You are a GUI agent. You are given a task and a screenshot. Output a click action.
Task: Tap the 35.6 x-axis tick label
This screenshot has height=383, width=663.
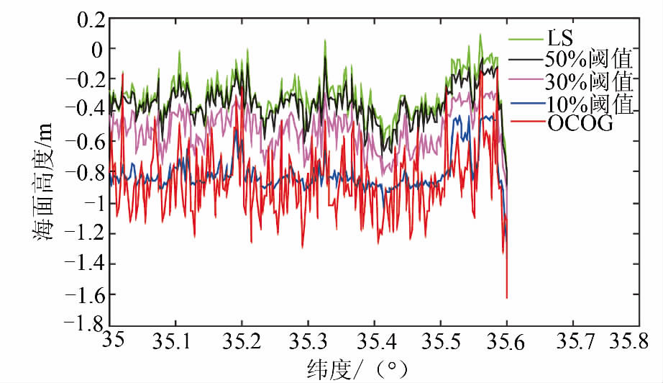coord(506,341)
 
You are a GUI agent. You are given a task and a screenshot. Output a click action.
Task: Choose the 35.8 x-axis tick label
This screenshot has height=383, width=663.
coord(637,341)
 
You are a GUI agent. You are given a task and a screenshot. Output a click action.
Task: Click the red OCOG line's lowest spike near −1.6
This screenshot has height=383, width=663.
coord(506,296)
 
